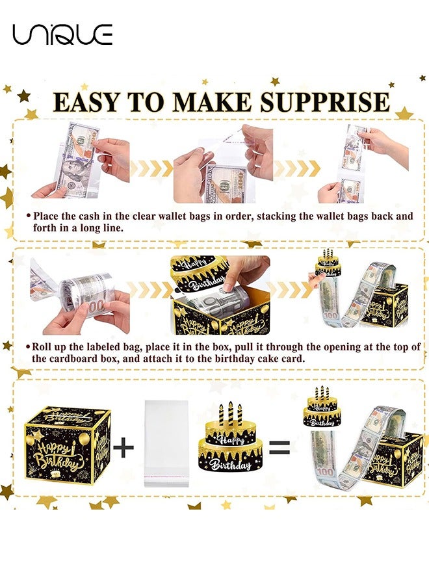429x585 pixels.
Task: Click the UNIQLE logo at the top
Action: [x=62, y=34]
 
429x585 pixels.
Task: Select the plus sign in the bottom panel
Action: [x=123, y=447]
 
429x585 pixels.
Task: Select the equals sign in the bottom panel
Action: [x=279, y=447]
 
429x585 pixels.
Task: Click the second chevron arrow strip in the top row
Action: [x=296, y=168]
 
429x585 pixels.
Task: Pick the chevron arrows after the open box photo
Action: [x=286, y=289]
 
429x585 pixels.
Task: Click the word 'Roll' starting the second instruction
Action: [x=45, y=346]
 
